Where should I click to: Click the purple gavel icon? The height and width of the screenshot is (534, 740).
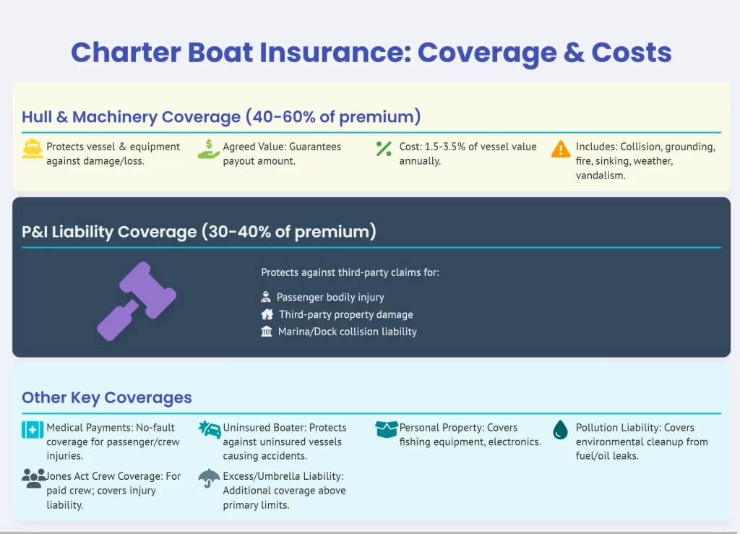point(137,301)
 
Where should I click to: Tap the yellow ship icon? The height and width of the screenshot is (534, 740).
point(33,149)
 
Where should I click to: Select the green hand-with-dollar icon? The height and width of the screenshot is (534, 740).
point(209,149)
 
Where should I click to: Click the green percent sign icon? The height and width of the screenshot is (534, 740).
point(384,149)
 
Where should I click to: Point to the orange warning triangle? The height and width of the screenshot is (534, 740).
point(561,149)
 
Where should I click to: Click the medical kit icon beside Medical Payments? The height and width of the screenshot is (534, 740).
point(33,430)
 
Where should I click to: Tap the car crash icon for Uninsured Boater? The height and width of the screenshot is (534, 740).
point(210,429)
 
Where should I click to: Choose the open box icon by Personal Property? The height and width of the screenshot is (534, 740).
point(386,429)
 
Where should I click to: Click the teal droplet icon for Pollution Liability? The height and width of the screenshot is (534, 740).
point(560,430)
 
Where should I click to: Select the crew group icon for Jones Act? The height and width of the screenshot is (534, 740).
point(33,478)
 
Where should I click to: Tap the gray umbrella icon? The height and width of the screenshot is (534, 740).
point(209,478)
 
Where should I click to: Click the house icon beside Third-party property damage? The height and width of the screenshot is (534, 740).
point(267,314)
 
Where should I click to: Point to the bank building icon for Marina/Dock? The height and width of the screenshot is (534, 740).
point(267,331)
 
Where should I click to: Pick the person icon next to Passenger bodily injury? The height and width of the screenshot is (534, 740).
point(266,297)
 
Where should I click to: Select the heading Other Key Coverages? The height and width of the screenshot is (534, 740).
point(107,397)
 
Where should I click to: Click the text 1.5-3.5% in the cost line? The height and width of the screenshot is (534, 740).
point(445,147)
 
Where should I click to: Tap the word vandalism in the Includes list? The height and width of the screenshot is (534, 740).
point(601,176)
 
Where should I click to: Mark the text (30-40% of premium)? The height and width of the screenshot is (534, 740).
point(289,232)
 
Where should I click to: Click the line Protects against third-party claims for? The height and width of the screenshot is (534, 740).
point(350,272)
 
